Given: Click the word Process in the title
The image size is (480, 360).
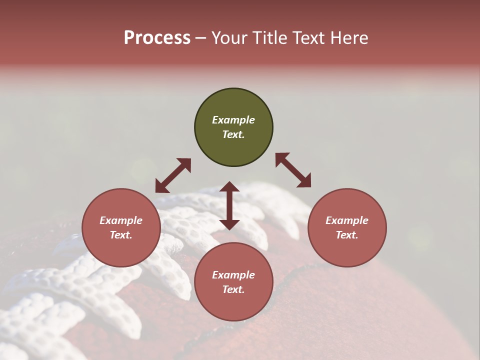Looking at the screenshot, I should click(157, 38).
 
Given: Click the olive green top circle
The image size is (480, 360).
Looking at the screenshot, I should click(233, 127).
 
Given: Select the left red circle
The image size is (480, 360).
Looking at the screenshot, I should click(121, 227).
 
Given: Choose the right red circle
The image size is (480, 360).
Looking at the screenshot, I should click(347, 227).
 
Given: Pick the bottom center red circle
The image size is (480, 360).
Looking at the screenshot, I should click(233, 282).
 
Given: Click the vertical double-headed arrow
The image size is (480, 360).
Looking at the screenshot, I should click(229, 205).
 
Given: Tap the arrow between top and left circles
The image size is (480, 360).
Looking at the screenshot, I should click(173, 175).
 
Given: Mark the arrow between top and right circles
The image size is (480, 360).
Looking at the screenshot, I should click(293, 170).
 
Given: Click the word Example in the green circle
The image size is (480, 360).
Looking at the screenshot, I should click(233, 120).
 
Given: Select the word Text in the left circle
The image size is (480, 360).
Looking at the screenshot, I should click(121, 235).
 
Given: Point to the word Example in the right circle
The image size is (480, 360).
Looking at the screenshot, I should click(347, 220).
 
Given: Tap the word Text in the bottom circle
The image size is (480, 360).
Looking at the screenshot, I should click(233, 289).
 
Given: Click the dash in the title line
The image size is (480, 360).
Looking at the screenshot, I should click(200, 38).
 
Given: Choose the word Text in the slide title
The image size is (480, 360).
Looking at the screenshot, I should click(309, 38).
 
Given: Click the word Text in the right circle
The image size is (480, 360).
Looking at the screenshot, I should click(347, 235).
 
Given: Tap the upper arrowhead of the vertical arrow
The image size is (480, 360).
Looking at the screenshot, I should click(229, 186).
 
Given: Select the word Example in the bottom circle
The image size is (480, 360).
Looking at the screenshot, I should click(233, 275).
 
